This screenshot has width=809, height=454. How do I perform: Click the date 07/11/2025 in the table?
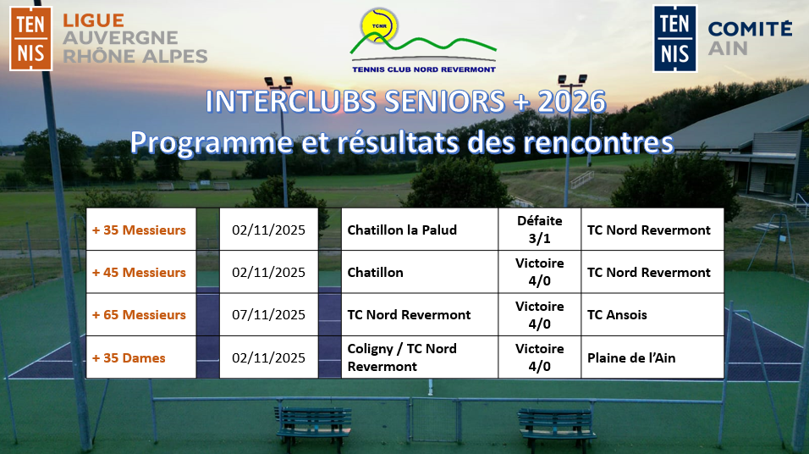(x=268, y=314)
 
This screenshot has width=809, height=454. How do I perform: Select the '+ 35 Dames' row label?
(x=129, y=358)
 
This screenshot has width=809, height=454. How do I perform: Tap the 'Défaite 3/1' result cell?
(x=539, y=230)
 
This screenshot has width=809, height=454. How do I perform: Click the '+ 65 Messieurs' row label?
(x=139, y=314)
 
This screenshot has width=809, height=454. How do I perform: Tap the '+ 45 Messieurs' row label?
(x=139, y=272)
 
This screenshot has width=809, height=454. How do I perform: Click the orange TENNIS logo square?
(x=31, y=39)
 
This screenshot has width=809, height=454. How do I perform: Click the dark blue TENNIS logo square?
(x=674, y=39)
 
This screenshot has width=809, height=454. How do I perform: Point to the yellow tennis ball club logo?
(x=379, y=25)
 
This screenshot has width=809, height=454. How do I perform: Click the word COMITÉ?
(x=750, y=29)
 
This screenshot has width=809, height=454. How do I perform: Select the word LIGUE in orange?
(x=93, y=20)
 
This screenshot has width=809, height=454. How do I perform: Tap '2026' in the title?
(x=572, y=102)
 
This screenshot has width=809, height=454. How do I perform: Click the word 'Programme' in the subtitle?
(x=211, y=142)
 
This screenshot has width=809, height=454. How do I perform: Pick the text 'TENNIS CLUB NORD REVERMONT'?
(x=424, y=69)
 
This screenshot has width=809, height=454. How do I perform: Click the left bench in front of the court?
(x=314, y=422)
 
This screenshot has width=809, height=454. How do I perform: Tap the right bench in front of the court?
(x=557, y=423)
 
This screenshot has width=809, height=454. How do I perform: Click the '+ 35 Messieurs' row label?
(x=139, y=230)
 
